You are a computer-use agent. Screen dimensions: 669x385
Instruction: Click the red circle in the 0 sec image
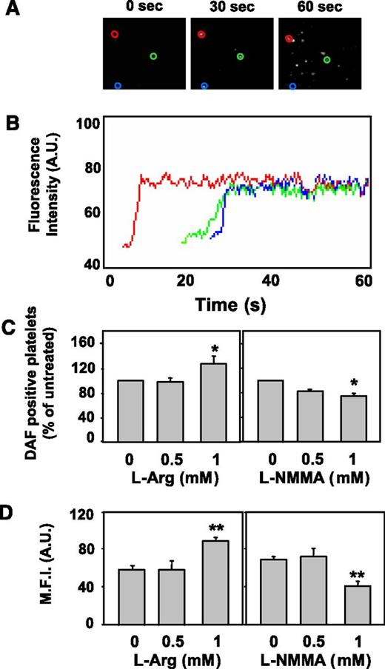pyautogui.click(x=115, y=34)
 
